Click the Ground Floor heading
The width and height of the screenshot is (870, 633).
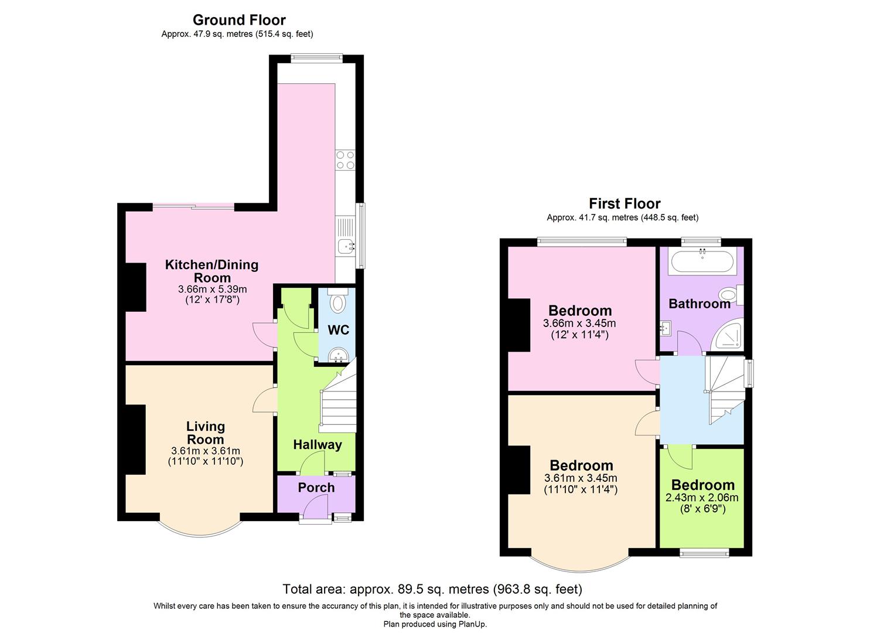tap(239, 20)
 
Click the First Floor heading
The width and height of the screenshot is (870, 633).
tap(625, 203)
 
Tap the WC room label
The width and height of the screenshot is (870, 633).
tap(338, 330)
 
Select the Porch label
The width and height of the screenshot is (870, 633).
tap(316, 488)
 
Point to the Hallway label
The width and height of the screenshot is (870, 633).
tap(318, 445)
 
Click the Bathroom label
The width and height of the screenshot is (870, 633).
tap(700, 304)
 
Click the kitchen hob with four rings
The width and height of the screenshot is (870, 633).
tap(344, 159)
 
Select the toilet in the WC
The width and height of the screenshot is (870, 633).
tap(338, 302)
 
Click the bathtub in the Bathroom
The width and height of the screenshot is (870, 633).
tap(702, 261)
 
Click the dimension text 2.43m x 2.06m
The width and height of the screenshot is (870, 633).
tap(702, 498)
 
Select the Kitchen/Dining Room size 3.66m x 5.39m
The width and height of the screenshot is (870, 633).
tap(212, 289)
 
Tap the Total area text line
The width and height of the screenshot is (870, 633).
tap(432, 589)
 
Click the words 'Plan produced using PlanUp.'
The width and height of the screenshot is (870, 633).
tap(435, 624)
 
